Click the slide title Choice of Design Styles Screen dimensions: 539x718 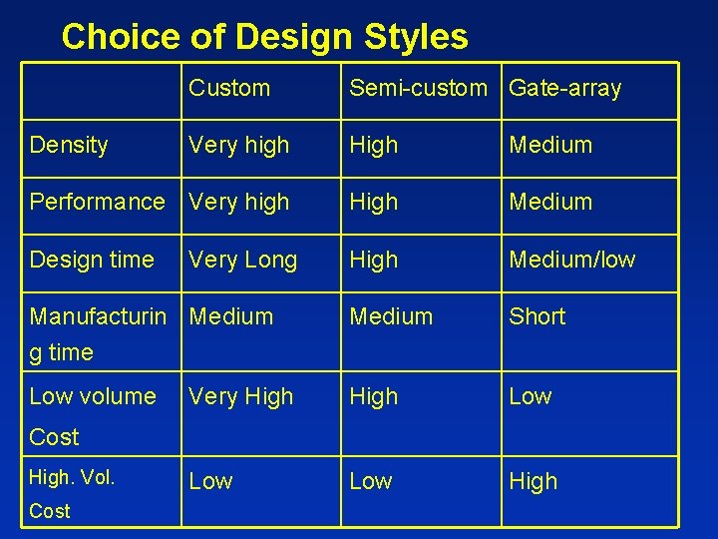tap(264, 37)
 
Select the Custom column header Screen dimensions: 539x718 tap(229, 88)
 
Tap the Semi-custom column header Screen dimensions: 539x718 tap(418, 88)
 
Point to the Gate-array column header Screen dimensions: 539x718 tap(564, 88)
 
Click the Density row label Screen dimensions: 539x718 tap(69, 145)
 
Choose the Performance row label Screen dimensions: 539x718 tap(97, 202)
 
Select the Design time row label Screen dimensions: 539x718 tap(92, 260)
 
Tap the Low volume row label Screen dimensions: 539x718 tap(93, 396)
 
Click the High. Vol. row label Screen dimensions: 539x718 tap(72, 478)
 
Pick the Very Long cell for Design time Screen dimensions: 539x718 tap(243, 260)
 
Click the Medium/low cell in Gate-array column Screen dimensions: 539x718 tap(571, 260)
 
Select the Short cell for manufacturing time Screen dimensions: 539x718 tap(537, 316)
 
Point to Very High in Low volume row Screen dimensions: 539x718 tap(241, 396)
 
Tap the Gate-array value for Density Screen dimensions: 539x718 tap(550, 145)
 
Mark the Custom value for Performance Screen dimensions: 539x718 tap(239, 202)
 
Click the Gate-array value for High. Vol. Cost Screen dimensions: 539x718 tap(534, 481)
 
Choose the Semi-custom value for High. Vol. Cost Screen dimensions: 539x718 tap(371, 481)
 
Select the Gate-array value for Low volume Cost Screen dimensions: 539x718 tap(531, 396)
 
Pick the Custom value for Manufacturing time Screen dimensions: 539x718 tap(231, 316)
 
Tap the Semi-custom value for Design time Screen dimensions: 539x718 tap(373, 260)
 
